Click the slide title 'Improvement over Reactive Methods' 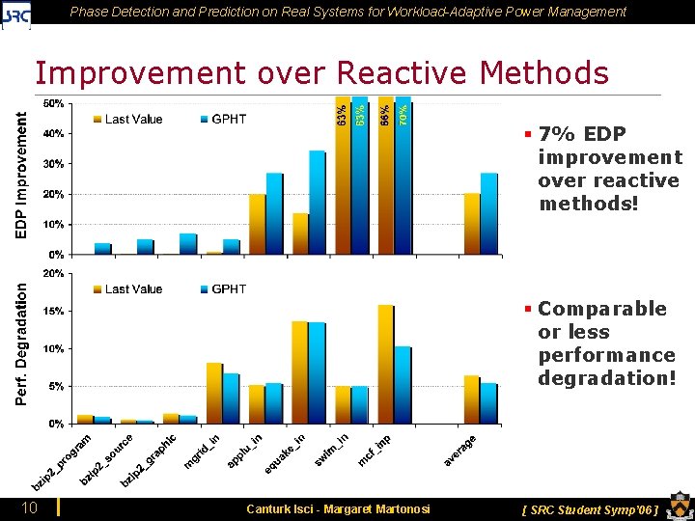[x=321, y=73]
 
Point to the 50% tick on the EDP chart [x=54, y=103]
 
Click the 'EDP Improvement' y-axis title [x=20, y=174]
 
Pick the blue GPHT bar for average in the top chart [x=489, y=214]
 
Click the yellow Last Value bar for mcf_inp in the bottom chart [x=386, y=365]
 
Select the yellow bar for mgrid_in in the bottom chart [x=214, y=394]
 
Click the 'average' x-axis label [x=460, y=451]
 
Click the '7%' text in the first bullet [x=556, y=134]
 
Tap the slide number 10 [x=30, y=507]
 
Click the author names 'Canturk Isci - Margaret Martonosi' [x=338, y=508]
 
